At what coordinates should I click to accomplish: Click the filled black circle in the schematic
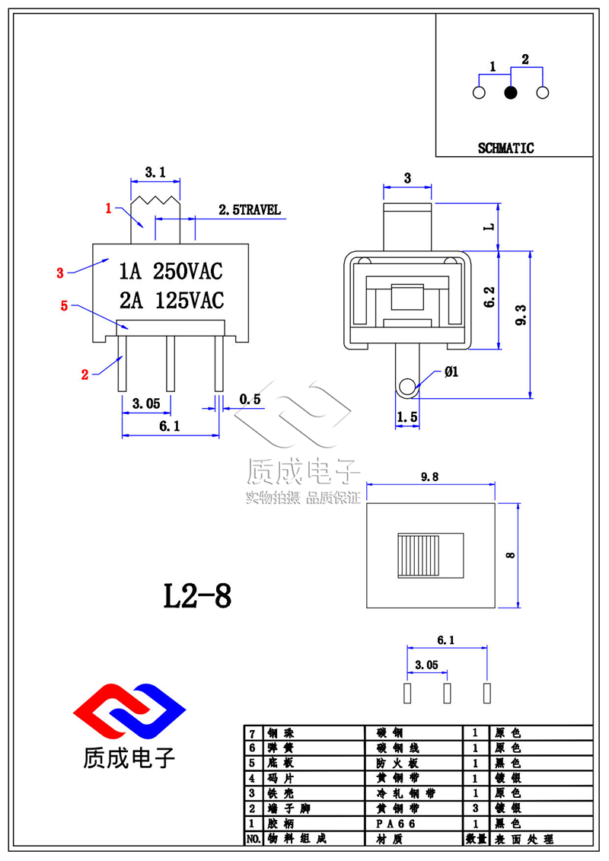[x=511, y=93]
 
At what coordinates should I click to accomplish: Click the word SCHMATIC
[x=506, y=148]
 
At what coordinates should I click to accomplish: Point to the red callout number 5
[x=65, y=306]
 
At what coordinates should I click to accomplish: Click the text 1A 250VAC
[x=171, y=271]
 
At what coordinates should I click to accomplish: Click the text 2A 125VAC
[x=171, y=301]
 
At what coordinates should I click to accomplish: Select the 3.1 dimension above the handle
[x=155, y=174]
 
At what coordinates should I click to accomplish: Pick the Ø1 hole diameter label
[x=451, y=372]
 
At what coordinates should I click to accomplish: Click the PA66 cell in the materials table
[x=396, y=824]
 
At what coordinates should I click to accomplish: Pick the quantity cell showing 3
[x=475, y=808]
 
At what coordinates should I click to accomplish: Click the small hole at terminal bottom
[x=407, y=387]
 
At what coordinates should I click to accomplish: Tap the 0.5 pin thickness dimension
[x=250, y=399]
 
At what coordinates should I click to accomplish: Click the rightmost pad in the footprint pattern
[x=487, y=693]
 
